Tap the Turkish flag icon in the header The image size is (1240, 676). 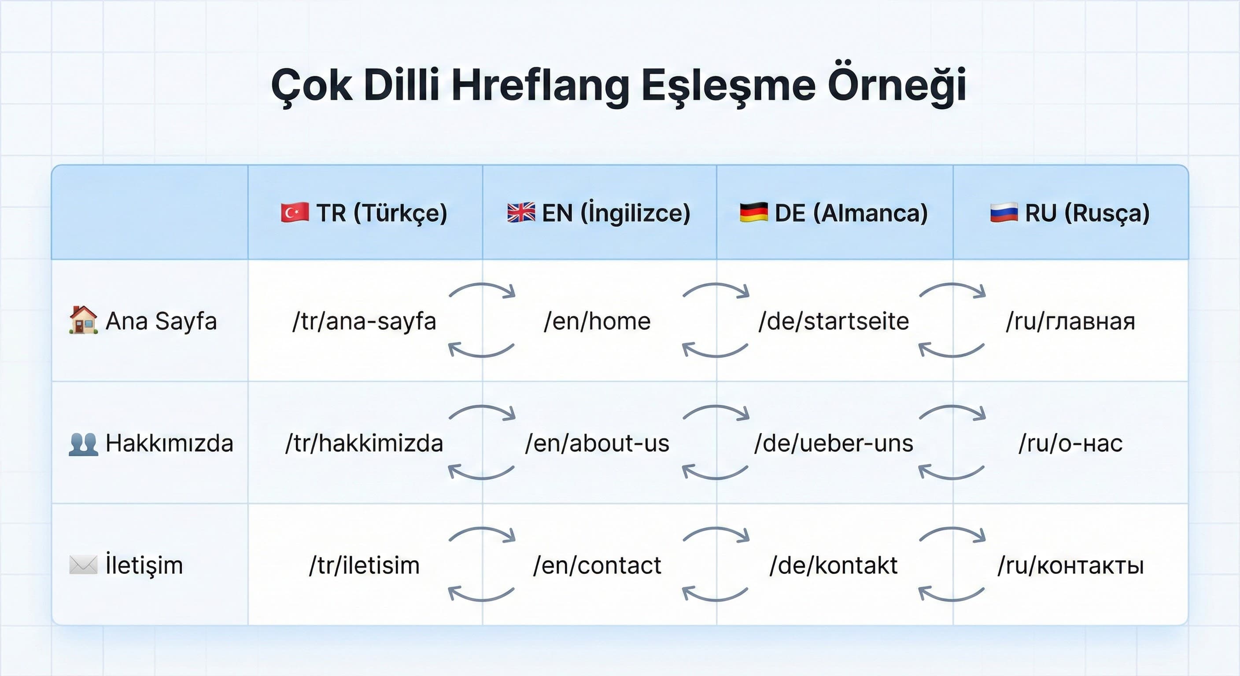[x=295, y=213]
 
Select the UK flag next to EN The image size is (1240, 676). [x=521, y=213]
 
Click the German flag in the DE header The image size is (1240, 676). [x=753, y=213]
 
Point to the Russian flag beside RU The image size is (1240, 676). [x=1004, y=213]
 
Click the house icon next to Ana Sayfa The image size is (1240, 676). [x=83, y=320]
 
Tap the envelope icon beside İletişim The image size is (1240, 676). [x=83, y=565]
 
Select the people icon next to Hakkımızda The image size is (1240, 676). [x=83, y=444]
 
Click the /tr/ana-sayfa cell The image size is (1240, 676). [x=364, y=321]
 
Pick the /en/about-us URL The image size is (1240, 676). [x=597, y=444]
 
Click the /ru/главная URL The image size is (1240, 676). [x=1070, y=321]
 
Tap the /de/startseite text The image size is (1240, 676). [x=833, y=321]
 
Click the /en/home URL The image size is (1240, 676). [x=597, y=321]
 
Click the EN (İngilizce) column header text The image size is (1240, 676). [x=616, y=213]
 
